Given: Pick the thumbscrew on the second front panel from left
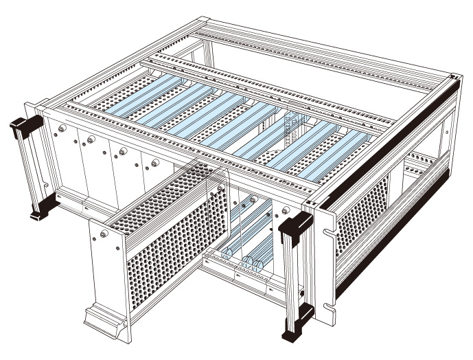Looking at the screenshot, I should click(x=91, y=139).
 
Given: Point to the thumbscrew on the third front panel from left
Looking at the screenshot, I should click(x=123, y=152).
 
